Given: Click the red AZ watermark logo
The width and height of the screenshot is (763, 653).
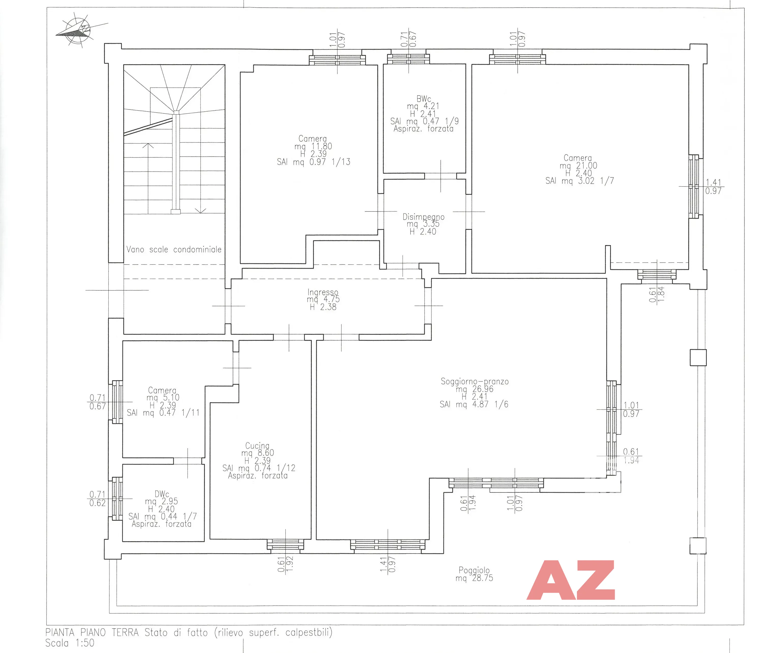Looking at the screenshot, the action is tap(571, 581).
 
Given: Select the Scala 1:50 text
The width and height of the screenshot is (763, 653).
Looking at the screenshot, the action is tap(70, 643).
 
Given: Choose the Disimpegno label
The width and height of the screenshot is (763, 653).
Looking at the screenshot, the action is tap(423, 217).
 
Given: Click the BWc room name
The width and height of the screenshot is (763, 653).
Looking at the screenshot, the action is tap(424, 99).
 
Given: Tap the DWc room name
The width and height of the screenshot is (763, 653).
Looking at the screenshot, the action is tap(162, 494).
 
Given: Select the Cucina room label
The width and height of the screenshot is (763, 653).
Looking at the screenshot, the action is tap(257, 446).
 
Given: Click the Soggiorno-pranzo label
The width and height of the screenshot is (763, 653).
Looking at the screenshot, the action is tap(475, 381).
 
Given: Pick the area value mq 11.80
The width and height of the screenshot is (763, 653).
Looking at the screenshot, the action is tap(313, 146).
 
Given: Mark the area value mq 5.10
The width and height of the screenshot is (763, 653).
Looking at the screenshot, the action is tap(163, 398).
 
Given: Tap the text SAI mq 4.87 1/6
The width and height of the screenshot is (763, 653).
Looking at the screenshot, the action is tap(474, 404).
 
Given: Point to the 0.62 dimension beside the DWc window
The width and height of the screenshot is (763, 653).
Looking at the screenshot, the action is tap(98, 503).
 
